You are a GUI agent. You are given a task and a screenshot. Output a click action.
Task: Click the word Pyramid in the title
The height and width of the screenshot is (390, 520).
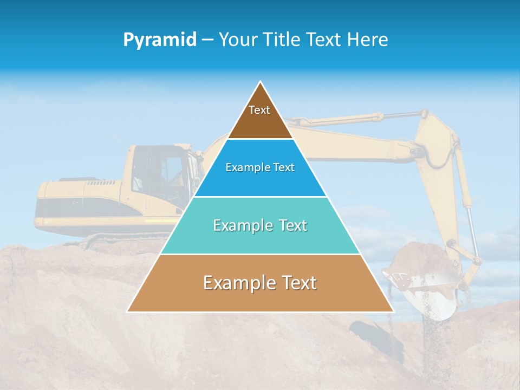pyautogui.click(x=160, y=40)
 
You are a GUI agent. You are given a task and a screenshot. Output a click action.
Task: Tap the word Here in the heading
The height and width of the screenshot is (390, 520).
pyautogui.click(x=368, y=40)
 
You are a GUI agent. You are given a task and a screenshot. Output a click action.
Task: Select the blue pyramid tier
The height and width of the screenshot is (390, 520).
pyautogui.click(x=260, y=181)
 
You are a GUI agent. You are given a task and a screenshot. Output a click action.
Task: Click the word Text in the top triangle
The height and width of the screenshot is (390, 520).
pyautogui.click(x=259, y=110)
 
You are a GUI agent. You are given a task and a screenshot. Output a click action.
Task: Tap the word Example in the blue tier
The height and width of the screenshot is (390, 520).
pyautogui.click(x=244, y=167)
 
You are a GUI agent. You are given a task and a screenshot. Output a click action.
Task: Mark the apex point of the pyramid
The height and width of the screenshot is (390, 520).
pyautogui.click(x=260, y=82)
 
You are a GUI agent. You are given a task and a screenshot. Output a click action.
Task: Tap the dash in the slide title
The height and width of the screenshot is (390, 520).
pyautogui.click(x=207, y=40)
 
